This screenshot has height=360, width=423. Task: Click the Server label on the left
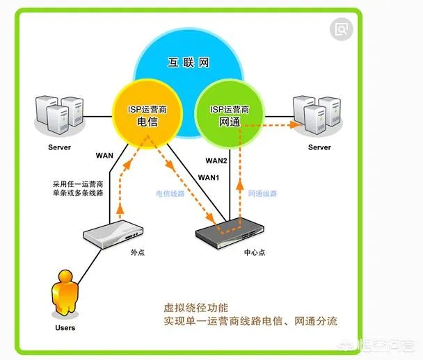[60, 147]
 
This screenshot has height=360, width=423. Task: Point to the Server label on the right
[319, 147]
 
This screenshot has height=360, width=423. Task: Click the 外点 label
[137, 252]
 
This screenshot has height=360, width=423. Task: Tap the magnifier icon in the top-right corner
[341, 28]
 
